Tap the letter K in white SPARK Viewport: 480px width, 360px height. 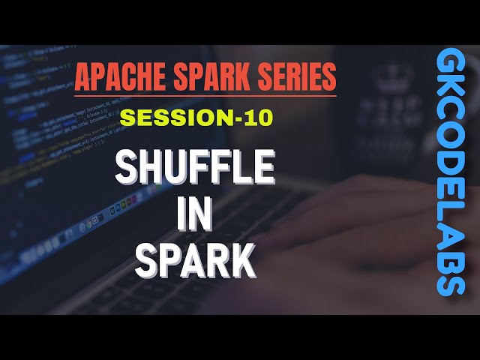243,261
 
